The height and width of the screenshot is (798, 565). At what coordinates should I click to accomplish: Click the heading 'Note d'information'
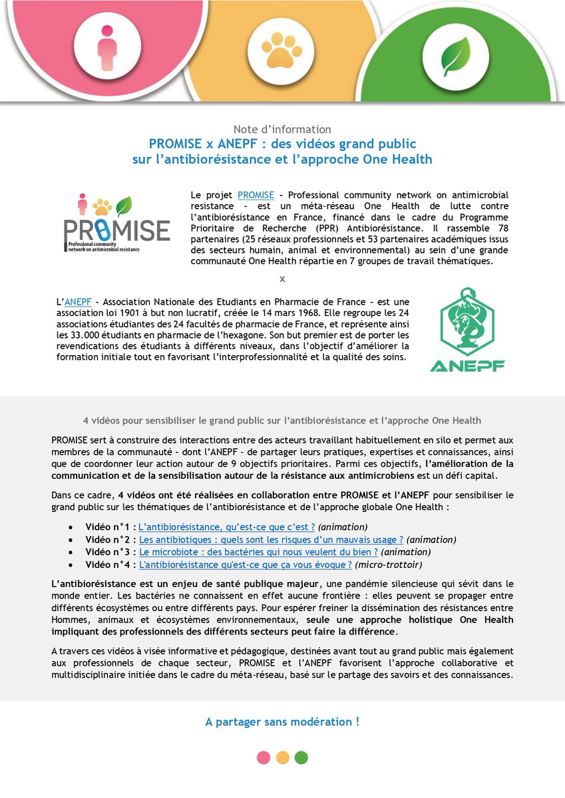point(282,129)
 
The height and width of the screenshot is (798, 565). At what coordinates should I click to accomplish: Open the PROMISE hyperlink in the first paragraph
point(256,195)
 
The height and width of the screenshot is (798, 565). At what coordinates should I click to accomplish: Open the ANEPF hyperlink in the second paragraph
point(78,302)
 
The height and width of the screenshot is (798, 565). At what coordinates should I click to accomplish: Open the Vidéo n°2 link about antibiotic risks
point(271,539)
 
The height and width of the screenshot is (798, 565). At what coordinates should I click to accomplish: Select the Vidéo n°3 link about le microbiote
point(258,552)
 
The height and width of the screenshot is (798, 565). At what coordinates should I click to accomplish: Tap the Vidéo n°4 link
point(244,565)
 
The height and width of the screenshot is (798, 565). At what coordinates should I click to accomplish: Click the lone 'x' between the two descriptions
point(282,279)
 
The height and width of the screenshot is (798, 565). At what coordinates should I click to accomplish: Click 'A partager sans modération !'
point(282,722)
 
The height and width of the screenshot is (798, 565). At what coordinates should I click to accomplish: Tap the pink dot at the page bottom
point(264,757)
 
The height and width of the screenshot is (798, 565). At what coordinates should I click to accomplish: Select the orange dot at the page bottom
point(282,757)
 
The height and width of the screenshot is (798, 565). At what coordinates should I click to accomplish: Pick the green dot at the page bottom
point(301,757)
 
